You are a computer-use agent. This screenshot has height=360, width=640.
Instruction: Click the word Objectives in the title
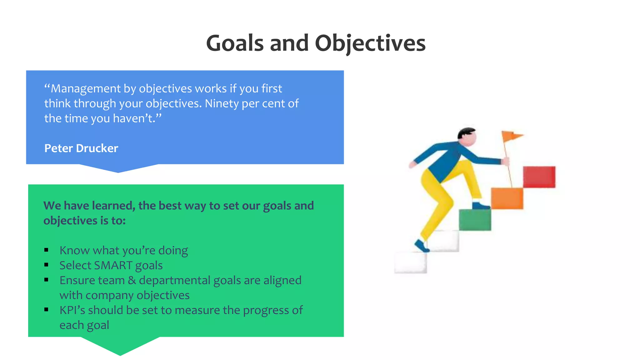[370, 43]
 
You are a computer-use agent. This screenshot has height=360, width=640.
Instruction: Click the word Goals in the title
[235, 43]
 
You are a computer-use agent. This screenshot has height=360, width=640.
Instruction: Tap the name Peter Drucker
[81, 148]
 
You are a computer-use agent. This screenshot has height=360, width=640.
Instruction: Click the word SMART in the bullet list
[113, 265]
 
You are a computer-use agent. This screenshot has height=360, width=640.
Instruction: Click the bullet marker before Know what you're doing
[46, 250]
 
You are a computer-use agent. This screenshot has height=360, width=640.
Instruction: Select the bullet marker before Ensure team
[46, 280]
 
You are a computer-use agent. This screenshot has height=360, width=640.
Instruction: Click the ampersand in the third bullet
[132, 280]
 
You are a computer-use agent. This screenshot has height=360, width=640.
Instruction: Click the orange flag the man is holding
[511, 136]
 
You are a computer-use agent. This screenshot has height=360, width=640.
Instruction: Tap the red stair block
[539, 177]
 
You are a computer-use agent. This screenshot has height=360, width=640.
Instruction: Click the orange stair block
[507, 198]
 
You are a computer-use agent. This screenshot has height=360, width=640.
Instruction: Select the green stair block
[475, 220]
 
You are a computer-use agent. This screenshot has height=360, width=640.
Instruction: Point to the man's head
[467, 136]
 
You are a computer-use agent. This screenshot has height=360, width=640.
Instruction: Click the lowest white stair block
[410, 263]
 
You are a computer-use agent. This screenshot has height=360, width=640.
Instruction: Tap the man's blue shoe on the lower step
[422, 246]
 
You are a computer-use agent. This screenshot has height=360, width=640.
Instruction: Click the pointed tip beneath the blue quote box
[118, 171]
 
